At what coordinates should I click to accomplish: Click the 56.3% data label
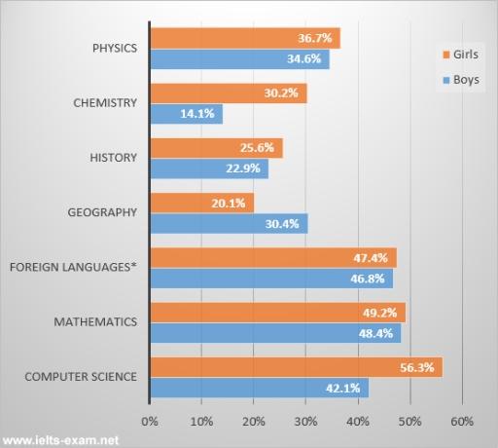[x=424, y=367]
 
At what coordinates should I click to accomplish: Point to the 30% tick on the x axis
[x=305, y=422]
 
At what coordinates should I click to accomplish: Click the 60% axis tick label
[x=461, y=422]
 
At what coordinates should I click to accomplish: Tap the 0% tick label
[x=150, y=422]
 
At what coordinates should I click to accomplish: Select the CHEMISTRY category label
[x=106, y=102]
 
